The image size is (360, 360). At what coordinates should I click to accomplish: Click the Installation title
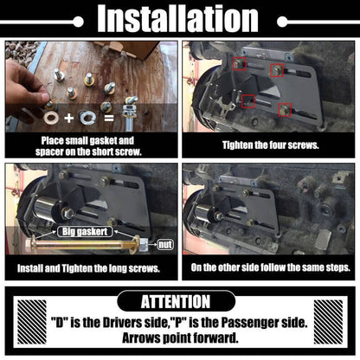(x=177, y=19)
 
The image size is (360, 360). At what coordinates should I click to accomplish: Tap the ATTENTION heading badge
(x=176, y=301)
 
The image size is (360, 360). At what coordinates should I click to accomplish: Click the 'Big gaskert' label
(x=85, y=232)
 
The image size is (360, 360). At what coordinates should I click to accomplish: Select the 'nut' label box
(x=165, y=245)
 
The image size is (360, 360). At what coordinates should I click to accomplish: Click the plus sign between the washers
(x=68, y=118)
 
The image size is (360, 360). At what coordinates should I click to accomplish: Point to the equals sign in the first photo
(x=109, y=118)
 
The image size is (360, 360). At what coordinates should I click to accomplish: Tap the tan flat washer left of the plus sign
(x=51, y=118)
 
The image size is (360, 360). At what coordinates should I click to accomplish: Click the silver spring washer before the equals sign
(x=87, y=117)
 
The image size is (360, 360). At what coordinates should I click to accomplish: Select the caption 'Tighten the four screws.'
(x=271, y=145)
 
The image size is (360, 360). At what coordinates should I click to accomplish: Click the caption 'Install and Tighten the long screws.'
(x=88, y=268)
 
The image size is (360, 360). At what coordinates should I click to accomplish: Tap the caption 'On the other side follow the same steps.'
(x=271, y=267)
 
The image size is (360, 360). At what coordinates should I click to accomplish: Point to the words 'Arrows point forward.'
(x=180, y=337)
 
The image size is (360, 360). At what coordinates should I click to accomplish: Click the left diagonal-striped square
(x=32, y=322)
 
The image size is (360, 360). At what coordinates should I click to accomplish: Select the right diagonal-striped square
(x=328, y=322)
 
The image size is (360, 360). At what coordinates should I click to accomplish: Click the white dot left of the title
(x=78, y=22)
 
